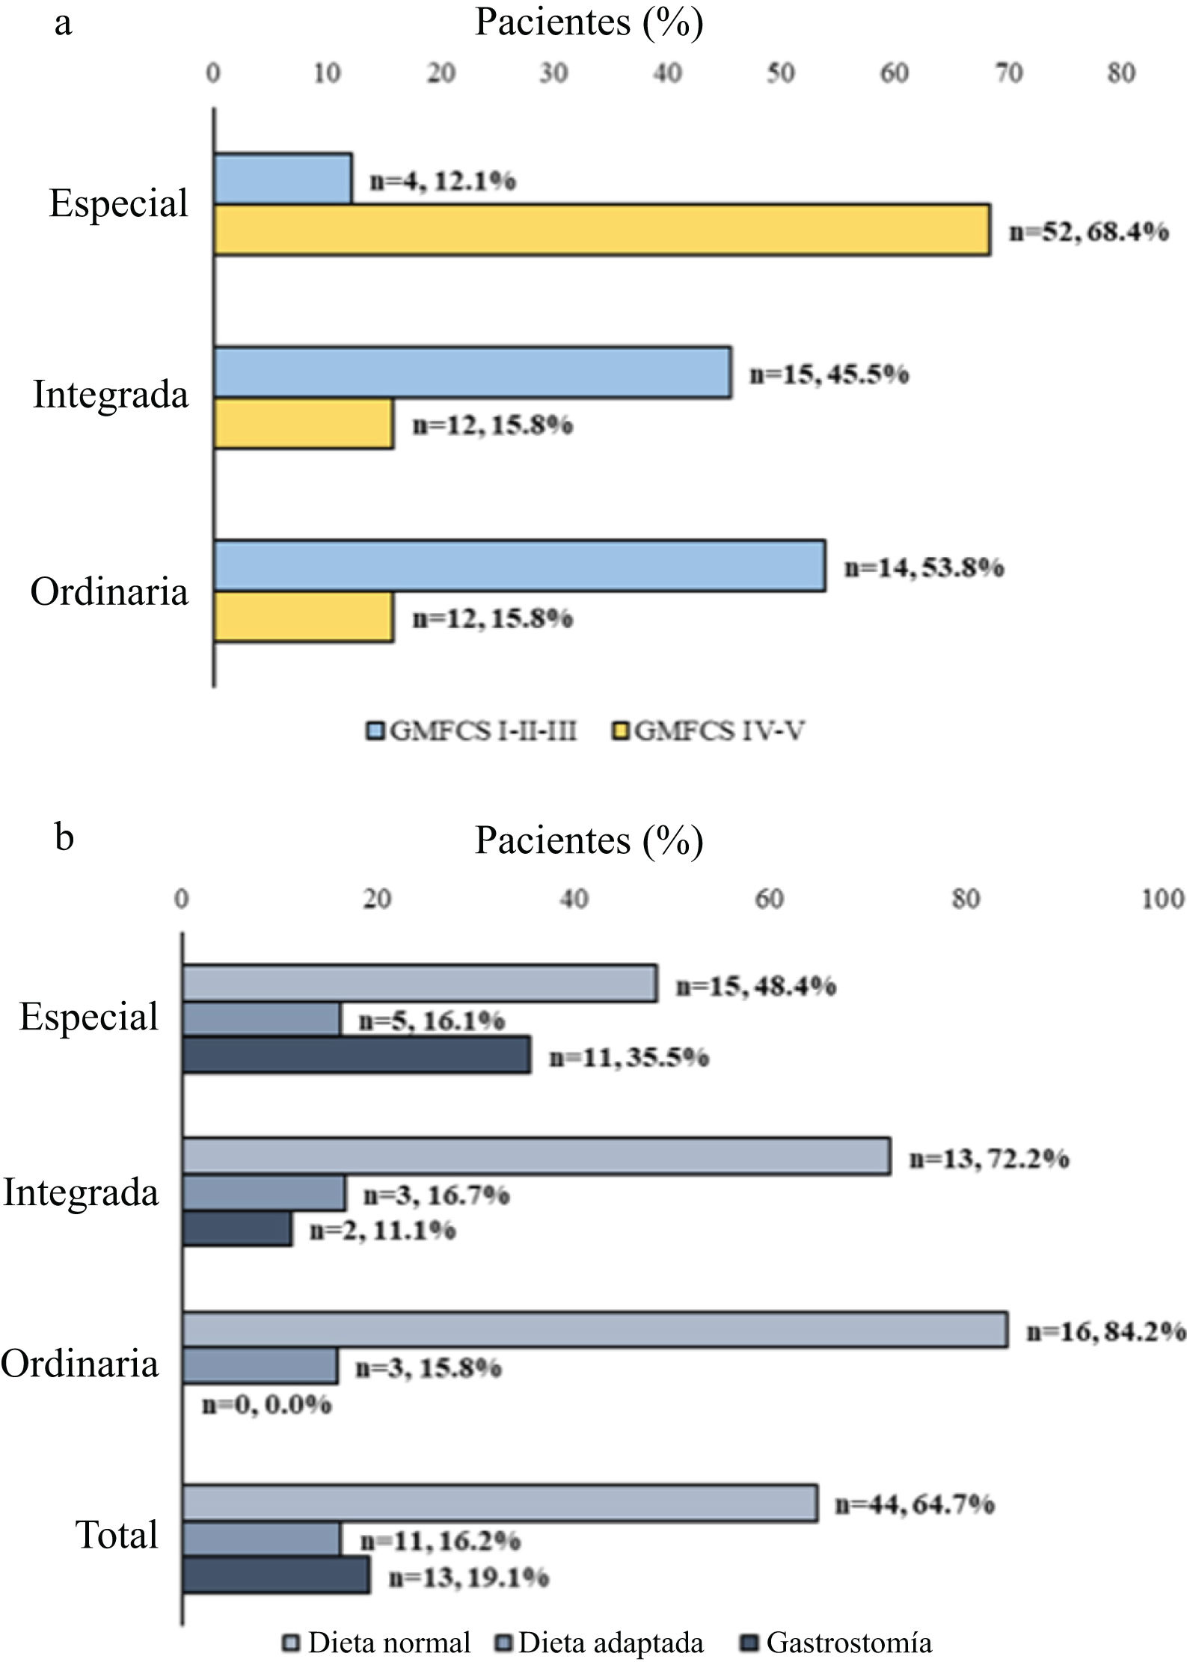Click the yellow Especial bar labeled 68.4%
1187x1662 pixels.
[x=602, y=230]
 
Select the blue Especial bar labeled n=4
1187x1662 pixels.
[x=283, y=179]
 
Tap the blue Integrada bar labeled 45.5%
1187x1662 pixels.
[x=473, y=372]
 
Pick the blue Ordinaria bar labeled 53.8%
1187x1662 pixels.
[x=520, y=566]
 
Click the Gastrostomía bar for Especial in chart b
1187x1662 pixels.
[x=357, y=1055]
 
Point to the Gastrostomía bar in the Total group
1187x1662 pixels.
[x=277, y=1575]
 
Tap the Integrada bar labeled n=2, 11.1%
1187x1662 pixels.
[x=237, y=1229]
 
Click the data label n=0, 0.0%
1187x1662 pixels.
[x=267, y=1404]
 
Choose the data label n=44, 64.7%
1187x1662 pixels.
[x=915, y=1503]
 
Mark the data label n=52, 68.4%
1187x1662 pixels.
[x=1089, y=231]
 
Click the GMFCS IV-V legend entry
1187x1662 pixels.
[x=710, y=730]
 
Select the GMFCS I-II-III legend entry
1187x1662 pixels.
[x=473, y=730]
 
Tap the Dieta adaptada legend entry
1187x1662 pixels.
[x=601, y=1643]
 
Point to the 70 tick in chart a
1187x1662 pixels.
[x=1008, y=73]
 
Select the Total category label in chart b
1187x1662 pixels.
[x=117, y=1536]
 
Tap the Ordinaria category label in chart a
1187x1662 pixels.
[x=109, y=591]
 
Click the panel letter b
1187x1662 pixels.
[x=64, y=837]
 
